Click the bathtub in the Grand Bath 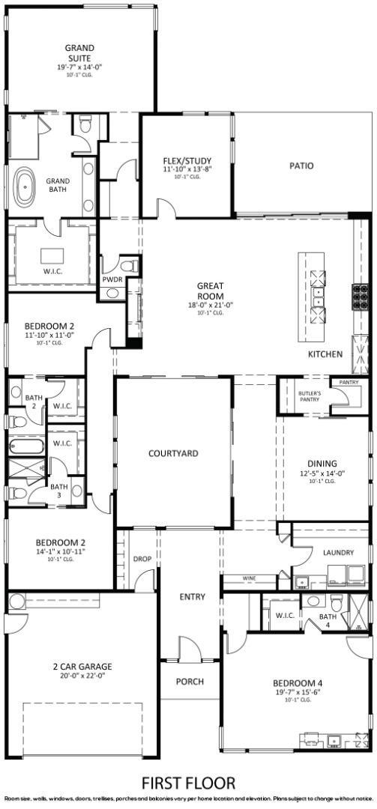25,187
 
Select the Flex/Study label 187,160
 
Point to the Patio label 301,166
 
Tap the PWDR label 112,279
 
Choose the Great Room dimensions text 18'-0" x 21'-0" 211,305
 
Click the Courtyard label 173,453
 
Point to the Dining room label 322,464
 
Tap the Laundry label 338,553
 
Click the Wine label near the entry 249,578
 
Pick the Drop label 142,559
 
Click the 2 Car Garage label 82,666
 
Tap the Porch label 190,682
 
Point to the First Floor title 187,783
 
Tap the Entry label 192,596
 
